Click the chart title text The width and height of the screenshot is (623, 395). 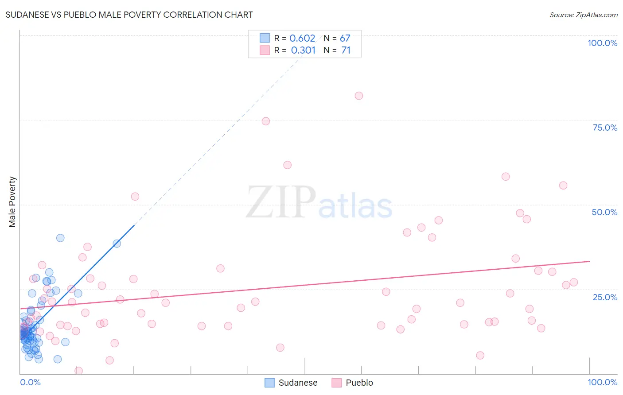coord(129,15)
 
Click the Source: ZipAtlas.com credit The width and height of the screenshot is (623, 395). coord(583,15)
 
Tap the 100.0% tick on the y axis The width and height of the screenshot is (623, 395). coord(602,43)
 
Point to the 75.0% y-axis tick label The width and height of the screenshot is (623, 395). coord(605,128)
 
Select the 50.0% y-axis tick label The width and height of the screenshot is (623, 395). coord(604,212)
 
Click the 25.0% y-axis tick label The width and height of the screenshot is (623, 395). coord(605,297)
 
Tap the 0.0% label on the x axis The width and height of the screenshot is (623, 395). coord(30,382)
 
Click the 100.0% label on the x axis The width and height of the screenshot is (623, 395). coord(602,382)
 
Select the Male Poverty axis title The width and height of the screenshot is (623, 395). coord(12,202)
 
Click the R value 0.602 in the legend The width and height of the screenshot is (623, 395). coord(302,39)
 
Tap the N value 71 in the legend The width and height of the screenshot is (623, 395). coord(346,50)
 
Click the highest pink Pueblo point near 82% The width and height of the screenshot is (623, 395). coord(359,96)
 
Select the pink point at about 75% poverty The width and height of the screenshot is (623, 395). coord(266,121)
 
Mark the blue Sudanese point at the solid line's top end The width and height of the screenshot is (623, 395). coord(117,244)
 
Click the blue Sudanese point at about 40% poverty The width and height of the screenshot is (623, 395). coord(60,238)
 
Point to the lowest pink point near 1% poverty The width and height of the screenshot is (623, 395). coord(79,371)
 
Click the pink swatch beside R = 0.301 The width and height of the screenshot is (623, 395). coord(265,50)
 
